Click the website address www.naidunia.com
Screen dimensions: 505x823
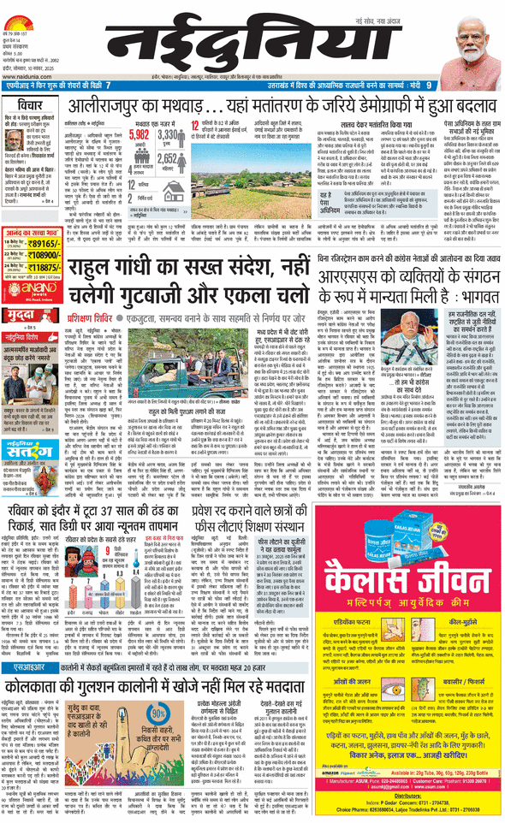[x=26, y=74]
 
